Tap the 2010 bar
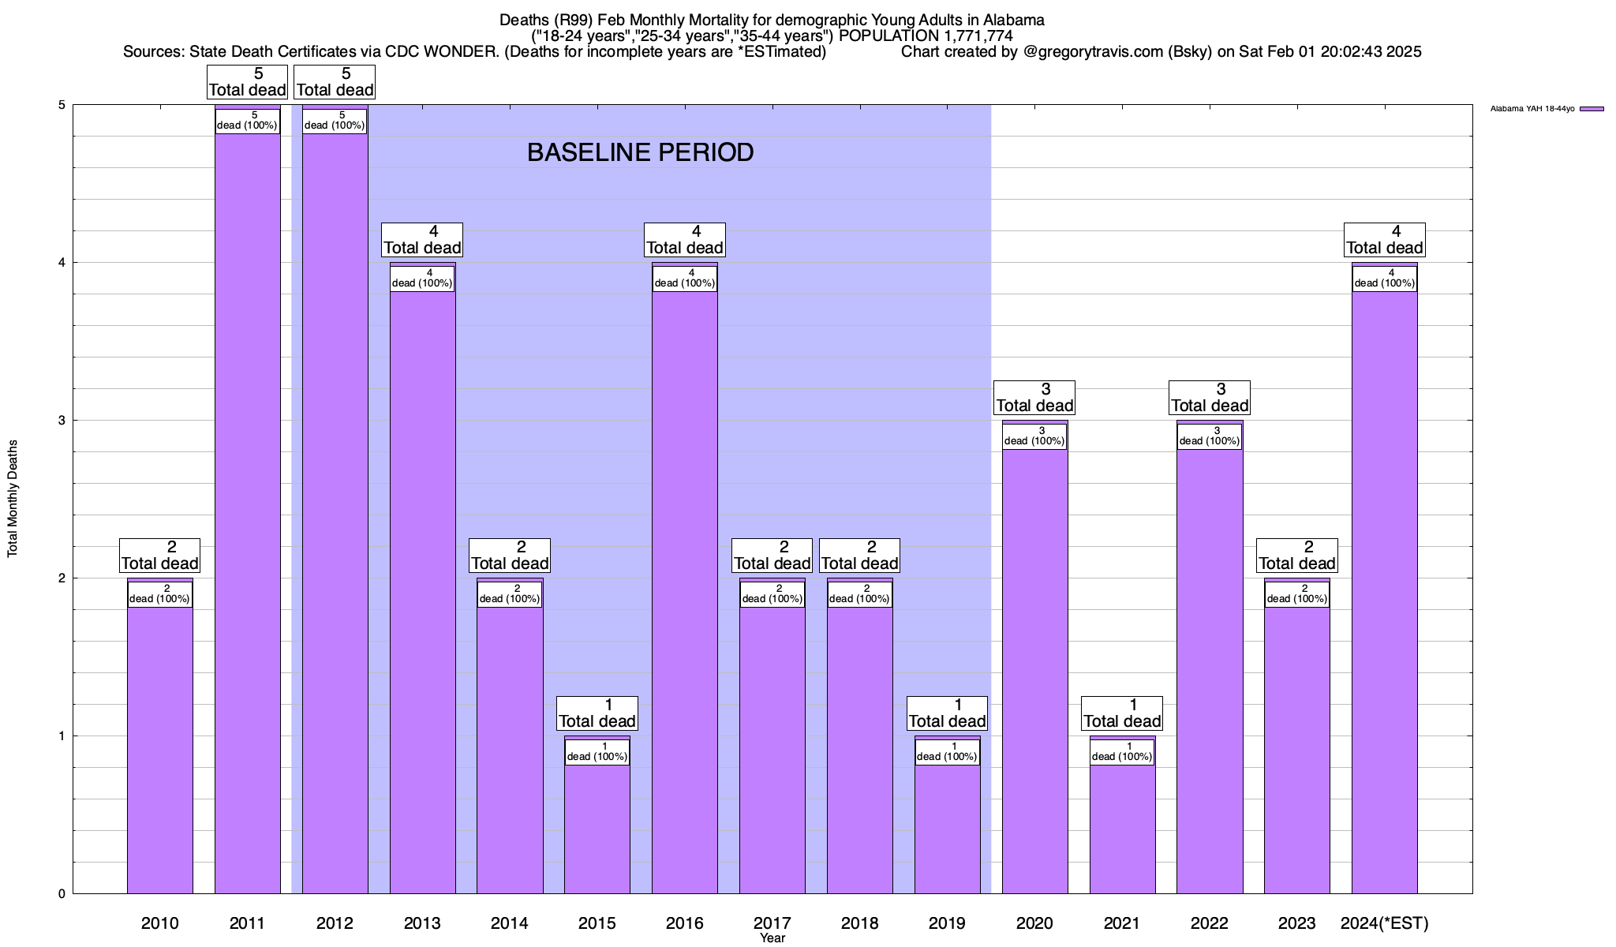(x=159, y=750)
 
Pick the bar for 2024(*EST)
(x=1384, y=592)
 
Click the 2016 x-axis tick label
(x=684, y=923)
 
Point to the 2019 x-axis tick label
(x=947, y=923)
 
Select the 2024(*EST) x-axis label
(x=1384, y=923)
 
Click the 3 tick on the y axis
(x=62, y=421)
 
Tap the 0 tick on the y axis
(x=62, y=894)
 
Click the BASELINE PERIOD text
(x=640, y=152)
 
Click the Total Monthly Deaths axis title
(x=13, y=499)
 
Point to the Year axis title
(x=772, y=938)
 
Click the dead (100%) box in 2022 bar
(x=1209, y=436)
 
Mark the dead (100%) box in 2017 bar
(x=772, y=594)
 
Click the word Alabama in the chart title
(x=1013, y=20)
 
